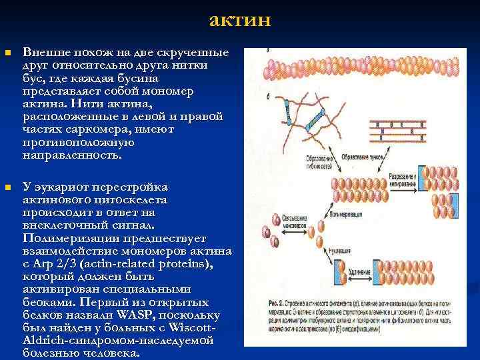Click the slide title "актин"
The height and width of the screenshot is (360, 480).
pos(239,19)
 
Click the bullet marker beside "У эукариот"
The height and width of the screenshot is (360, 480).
pos(7,187)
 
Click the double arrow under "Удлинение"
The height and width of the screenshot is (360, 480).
pos(360,281)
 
